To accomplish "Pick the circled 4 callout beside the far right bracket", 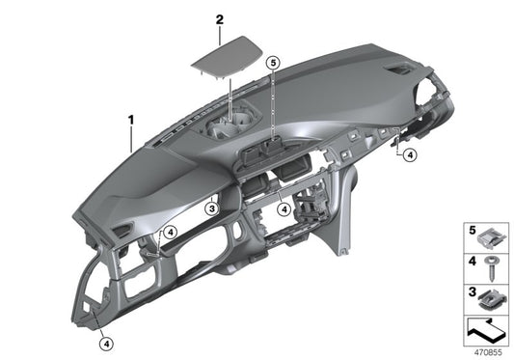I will point(409,154).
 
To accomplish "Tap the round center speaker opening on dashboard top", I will point(231,126).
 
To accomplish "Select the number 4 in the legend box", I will point(473,261).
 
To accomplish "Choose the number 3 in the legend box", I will point(473,291).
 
